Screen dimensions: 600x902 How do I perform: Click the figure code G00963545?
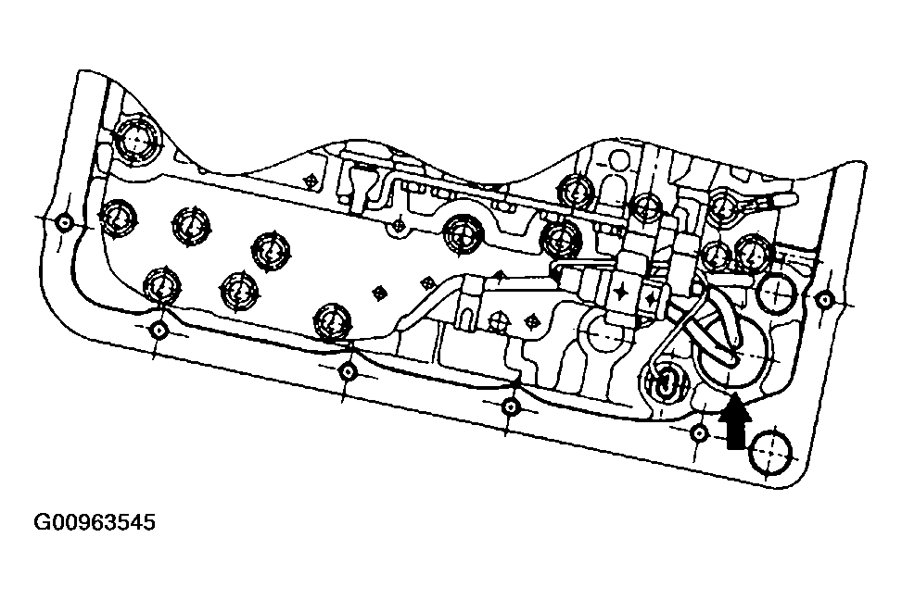pyautogui.click(x=95, y=523)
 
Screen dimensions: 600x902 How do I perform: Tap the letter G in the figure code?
pyautogui.click(x=43, y=523)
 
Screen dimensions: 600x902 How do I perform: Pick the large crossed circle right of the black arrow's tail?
pyautogui.click(x=771, y=456)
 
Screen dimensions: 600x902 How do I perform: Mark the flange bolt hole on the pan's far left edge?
pyautogui.click(x=64, y=223)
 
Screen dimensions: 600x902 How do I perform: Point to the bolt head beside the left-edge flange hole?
pyautogui.click(x=118, y=219)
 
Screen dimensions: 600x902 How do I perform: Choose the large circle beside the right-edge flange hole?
pyautogui.click(x=776, y=294)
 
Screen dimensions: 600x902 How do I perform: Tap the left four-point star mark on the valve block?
pyautogui.click(x=622, y=291)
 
